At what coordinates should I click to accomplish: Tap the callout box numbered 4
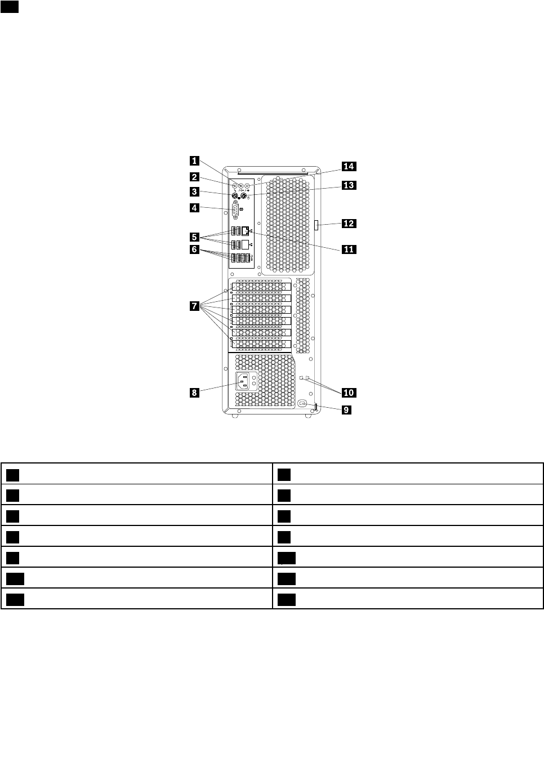(194, 208)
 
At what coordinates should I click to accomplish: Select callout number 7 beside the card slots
(194, 306)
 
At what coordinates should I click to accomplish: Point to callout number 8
(194, 393)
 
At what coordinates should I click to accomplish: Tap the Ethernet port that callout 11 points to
(246, 231)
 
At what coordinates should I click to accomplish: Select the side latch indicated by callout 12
(317, 225)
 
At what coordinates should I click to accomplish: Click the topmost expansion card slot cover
(260, 287)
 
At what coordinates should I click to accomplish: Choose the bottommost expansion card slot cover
(260, 344)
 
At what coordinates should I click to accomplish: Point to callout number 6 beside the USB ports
(194, 249)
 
